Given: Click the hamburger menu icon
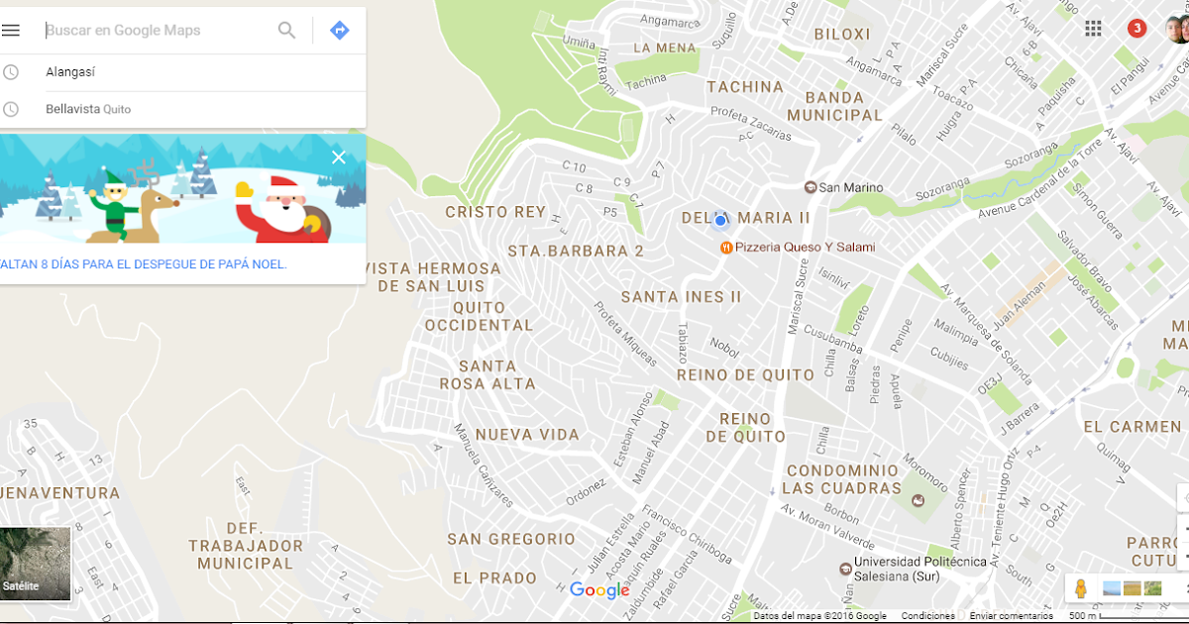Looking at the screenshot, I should tap(11, 30).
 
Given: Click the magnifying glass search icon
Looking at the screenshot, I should tap(286, 31).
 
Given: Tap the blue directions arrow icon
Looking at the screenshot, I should tap(339, 31).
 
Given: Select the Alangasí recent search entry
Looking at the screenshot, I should tap(70, 72).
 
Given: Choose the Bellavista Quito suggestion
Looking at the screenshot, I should tap(87, 109).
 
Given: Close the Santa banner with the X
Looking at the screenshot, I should tap(339, 157).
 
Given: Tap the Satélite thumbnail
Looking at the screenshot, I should tap(35, 564).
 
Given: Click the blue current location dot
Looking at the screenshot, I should tap(720, 220).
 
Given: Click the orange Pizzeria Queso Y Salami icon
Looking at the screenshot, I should tap(726, 247).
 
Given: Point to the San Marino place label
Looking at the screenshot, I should tap(850, 187).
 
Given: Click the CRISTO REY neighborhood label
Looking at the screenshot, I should tap(495, 212).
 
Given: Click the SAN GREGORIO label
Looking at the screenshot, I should tap(510, 539).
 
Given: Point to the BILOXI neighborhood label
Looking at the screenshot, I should tap(842, 34).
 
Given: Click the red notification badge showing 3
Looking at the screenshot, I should tap(1136, 28).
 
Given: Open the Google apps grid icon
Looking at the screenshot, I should tap(1093, 28).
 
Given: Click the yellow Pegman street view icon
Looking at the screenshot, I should tap(1080, 588).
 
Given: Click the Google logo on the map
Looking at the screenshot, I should tap(599, 591).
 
